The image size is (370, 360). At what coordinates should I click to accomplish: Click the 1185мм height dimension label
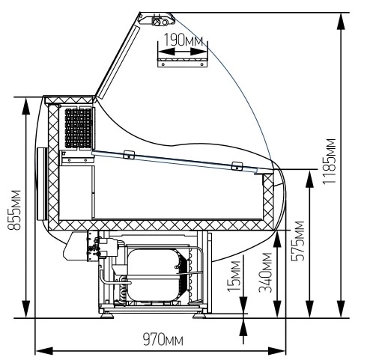[330, 162]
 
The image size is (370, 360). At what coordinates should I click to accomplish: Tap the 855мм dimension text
[14, 210]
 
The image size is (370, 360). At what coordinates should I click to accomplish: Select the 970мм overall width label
[163, 339]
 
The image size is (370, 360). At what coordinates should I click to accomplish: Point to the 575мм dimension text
[298, 241]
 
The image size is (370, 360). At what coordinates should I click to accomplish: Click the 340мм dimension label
[265, 272]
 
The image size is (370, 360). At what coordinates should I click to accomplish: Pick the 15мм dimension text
[234, 276]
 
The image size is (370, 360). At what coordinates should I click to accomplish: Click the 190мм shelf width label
[184, 40]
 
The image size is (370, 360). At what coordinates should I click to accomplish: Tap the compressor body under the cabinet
[153, 275]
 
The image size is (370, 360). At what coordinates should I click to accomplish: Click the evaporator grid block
[78, 128]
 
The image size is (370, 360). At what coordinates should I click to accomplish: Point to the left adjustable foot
[107, 315]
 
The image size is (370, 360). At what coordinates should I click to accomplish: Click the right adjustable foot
[199, 315]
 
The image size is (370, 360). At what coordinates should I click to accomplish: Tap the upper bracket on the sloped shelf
[129, 155]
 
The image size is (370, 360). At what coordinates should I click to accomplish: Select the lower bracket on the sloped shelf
[237, 166]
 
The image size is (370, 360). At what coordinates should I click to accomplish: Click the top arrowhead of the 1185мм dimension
[341, 21]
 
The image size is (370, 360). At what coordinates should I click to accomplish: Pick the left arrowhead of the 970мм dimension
[44, 351]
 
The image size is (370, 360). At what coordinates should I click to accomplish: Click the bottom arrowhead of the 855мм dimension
[25, 309]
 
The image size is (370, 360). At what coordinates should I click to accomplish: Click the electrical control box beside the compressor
[93, 246]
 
